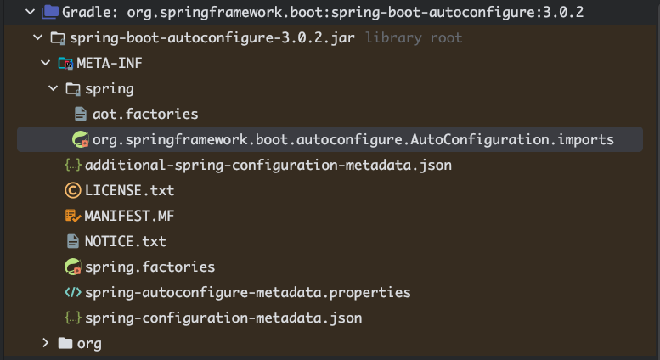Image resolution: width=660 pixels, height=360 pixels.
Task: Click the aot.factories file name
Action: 144,114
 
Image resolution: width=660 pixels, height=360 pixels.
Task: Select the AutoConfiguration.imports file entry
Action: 353,139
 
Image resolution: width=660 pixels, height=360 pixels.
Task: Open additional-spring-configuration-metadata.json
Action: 268,165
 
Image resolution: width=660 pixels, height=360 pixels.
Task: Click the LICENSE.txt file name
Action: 129,190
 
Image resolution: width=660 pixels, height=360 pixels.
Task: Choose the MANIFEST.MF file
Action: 129,216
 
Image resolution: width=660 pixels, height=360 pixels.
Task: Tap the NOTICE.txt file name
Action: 125,241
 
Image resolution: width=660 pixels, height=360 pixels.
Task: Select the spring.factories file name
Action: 149,267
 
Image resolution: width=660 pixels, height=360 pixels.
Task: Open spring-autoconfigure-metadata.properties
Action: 247,292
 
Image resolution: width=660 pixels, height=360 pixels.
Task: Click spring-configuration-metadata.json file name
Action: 223,318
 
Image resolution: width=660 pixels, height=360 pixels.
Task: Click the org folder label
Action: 89,343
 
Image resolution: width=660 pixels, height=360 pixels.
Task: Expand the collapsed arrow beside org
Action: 46,343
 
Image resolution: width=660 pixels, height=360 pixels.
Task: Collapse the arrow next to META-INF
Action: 45,64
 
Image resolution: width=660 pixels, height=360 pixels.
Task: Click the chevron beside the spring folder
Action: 54,88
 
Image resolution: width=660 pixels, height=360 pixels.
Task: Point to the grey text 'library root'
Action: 413,38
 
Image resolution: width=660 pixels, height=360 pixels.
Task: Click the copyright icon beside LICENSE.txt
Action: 72,190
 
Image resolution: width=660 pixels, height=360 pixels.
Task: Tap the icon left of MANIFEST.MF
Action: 72,216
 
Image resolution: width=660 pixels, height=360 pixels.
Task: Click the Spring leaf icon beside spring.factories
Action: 73,267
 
